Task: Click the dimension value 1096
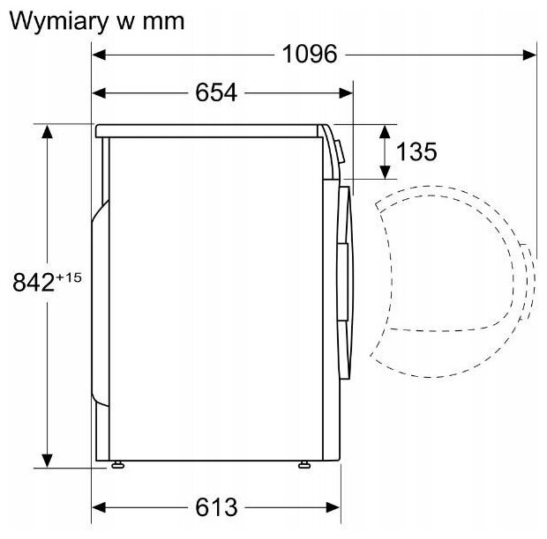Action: click(x=310, y=55)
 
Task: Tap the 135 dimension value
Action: click(x=416, y=151)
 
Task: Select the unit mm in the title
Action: click(x=162, y=22)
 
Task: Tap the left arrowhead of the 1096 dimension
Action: click(x=99, y=55)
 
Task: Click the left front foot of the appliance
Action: click(x=117, y=462)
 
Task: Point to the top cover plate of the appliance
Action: click(x=212, y=129)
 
